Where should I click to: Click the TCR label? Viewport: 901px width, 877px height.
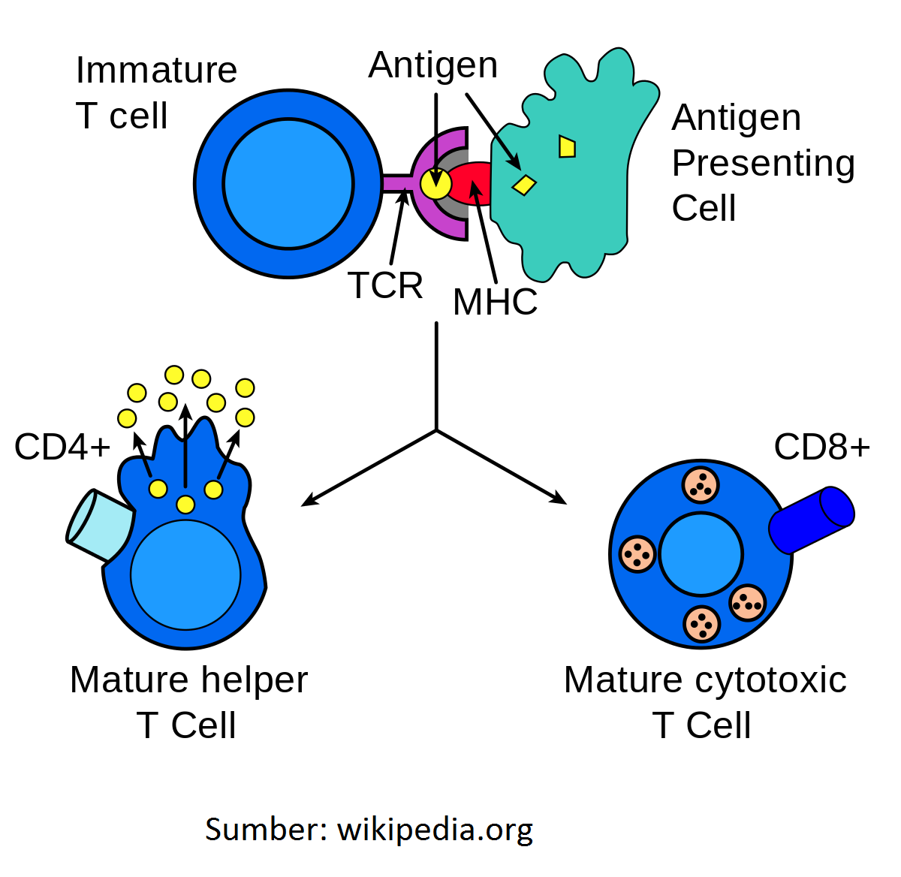tap(385, 286)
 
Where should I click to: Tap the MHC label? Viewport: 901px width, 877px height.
tap(495, 303)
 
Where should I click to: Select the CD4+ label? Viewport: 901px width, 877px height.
tap(62, 448)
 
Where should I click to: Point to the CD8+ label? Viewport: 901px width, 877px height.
tap(821, 448)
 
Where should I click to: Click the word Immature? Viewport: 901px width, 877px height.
tap(156, 71)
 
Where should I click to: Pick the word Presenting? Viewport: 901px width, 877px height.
tap(763, 164)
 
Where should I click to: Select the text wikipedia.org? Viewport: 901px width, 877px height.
tap(435, 830)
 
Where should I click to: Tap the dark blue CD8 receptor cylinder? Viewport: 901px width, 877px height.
tap(812, 520)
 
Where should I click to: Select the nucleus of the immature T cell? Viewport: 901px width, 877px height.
tap(288, 184)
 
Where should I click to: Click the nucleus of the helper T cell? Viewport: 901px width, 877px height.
tap(185, 574)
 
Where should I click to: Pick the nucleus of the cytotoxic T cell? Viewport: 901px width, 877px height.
tap(701, 555)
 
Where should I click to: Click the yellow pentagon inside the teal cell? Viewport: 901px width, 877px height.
tap(567, 146)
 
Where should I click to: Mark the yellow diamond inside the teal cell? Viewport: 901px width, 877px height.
tap(524, 184)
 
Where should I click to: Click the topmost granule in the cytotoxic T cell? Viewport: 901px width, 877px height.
tap(701, 485)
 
